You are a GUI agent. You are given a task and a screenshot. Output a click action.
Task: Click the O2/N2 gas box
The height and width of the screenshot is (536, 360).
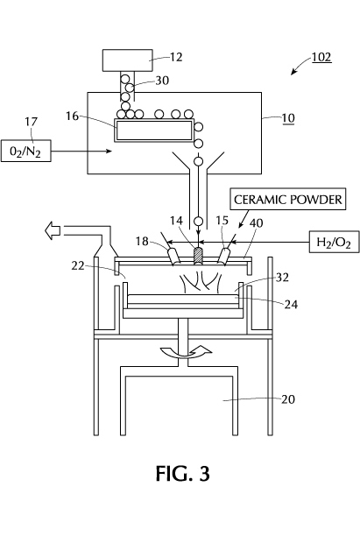26,151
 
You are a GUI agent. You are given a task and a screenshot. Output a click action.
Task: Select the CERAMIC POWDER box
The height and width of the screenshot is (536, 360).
288,199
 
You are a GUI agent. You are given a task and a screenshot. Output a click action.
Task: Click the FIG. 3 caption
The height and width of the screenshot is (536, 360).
183,474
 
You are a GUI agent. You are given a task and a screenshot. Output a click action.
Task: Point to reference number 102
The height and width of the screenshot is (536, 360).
321,57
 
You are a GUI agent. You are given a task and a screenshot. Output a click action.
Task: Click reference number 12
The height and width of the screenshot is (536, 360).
176,57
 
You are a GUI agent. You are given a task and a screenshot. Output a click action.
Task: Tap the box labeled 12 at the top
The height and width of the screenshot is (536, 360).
128,60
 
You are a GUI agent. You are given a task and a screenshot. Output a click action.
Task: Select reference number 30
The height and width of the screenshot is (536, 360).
162,81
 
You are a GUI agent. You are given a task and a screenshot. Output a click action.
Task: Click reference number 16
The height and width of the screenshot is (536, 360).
72,116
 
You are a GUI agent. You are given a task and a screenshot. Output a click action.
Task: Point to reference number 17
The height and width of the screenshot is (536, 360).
32,122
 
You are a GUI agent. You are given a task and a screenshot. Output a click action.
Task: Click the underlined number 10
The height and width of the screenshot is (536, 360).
288,118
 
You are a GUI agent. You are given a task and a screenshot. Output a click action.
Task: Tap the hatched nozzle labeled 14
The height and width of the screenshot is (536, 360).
199,256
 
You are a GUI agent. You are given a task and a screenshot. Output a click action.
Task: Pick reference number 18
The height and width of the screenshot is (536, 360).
142,242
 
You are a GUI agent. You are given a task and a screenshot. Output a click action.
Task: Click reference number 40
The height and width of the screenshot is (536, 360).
257,222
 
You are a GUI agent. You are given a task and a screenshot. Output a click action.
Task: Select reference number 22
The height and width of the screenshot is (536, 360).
78,265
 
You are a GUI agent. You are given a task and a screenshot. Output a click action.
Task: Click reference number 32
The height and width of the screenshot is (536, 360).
282,278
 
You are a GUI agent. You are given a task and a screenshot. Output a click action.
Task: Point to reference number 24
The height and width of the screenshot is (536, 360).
291,304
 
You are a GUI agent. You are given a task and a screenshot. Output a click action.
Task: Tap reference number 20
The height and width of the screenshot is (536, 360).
288,398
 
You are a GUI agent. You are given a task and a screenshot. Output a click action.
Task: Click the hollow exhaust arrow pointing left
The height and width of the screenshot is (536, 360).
53,230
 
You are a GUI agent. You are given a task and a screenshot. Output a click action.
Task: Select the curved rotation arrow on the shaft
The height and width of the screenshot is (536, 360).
186,352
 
